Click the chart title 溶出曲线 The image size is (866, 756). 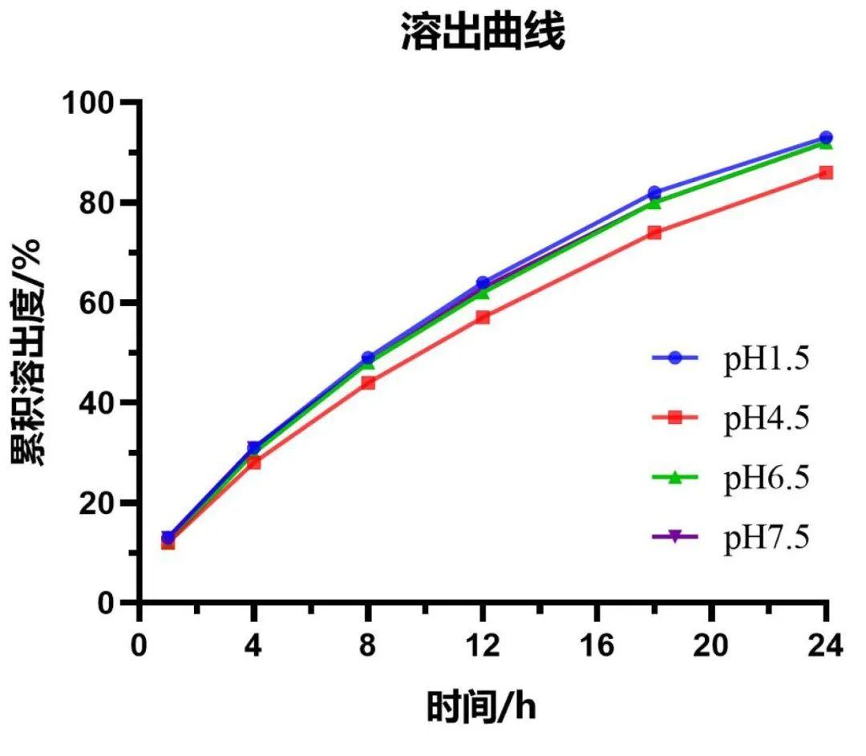483,34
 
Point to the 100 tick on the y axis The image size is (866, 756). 100,103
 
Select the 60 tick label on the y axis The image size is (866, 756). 108,303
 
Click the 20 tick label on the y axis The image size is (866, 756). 108,503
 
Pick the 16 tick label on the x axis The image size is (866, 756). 597,645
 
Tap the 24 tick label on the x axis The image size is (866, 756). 824,645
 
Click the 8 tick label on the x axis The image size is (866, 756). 367,645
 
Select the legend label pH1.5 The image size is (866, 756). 766,360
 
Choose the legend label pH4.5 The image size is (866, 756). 766,418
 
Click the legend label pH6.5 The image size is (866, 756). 766,478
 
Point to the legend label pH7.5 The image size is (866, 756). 766,537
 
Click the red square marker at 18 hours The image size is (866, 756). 654,232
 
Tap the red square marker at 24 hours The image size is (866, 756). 826,172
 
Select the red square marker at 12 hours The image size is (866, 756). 483,317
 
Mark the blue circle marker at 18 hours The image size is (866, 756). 654,192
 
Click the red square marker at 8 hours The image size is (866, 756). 368,382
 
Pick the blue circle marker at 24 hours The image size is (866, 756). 826,138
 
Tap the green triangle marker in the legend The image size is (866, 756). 674,478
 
